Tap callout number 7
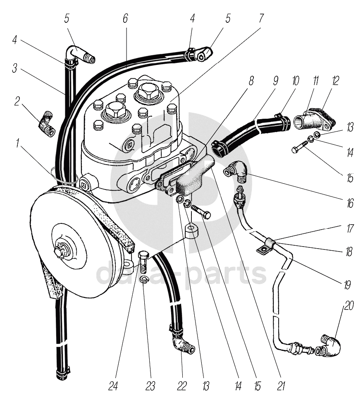[x=261, y=18]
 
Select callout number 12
[x=335, y=81]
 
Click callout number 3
[x=14, y=69]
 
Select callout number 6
[x=125, y=18]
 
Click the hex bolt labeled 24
[x=144, y=260]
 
